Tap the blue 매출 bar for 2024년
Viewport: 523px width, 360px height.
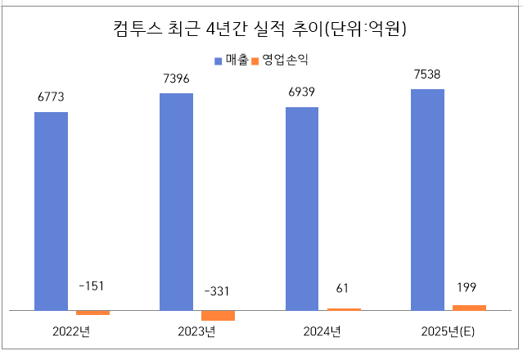point(302,209)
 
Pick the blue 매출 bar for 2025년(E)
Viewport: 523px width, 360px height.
point(427,200)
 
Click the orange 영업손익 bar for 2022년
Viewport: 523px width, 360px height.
point(92,313)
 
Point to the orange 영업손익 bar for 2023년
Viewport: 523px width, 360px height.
point(218,315)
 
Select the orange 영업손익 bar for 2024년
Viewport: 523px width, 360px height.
point(344,309)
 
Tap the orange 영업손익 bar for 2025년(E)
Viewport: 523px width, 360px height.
point(469,308)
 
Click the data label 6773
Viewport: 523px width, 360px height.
point(51,97)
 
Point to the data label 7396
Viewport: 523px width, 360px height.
point(176,79)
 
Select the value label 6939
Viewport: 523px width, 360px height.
point(302,92)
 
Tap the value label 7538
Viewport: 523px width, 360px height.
point(427,74)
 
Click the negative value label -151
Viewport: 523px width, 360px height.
point(92,286)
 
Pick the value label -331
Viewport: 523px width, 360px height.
point(218,291)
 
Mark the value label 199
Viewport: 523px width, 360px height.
point(469,287)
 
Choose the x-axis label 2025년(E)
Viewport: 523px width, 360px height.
point(448,331)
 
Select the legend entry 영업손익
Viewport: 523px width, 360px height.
point(285,61)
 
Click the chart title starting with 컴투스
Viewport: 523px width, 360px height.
point(260,29)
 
